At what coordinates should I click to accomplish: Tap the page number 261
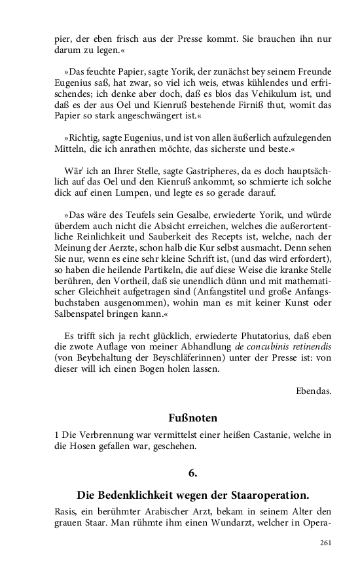325,543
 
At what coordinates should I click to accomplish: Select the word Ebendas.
313,391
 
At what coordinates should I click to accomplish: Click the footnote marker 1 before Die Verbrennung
56,435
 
